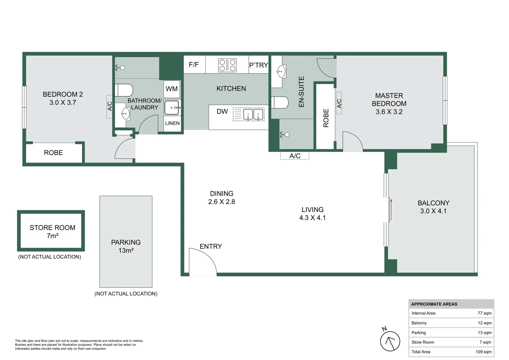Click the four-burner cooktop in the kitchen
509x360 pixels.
[x=227, y=65]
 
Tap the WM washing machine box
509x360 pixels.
[x=172, y=89]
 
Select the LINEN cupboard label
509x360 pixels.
[x=172, y=123]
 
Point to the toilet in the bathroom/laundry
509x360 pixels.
[x=124, y=90]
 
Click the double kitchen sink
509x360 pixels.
[x=253, y=114]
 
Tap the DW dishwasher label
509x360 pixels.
[x=222, y=112]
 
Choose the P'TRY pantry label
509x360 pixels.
[x=259, y=65]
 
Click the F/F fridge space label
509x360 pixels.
[x=194, y=65]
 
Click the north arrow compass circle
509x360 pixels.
[x=390, y=341]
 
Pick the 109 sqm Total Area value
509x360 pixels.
[x=484, y=352]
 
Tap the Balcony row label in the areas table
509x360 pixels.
[x=419, y=323]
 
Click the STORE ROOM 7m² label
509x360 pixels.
[x=52, y=232]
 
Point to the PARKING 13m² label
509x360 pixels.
[x=126, y=246]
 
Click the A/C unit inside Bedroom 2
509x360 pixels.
[x=110, y=106]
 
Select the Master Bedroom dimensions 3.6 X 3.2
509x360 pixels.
[x=389, y=112]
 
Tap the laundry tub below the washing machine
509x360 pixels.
[x=172, y=108]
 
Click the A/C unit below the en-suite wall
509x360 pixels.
[x=295, y=156]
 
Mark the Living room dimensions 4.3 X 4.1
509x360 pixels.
[x=312, y=218]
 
